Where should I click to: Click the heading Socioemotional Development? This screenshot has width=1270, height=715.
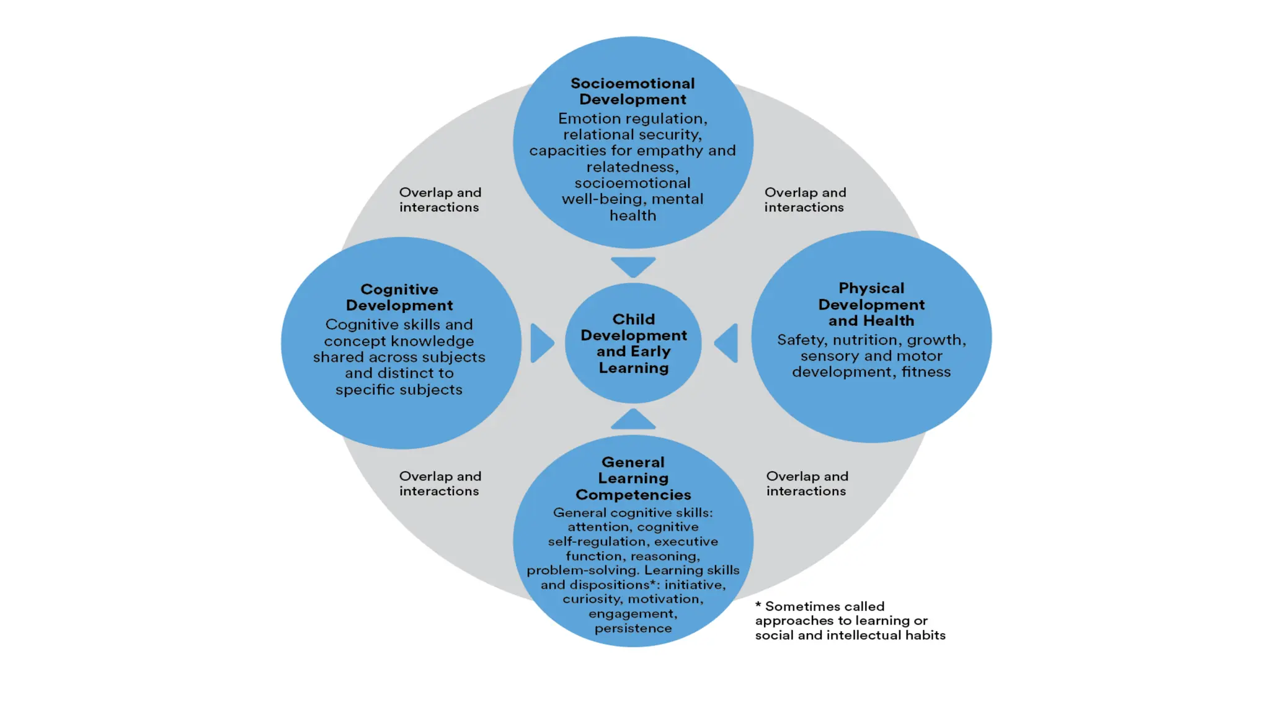click(633, 91)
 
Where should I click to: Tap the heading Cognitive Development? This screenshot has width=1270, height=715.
click(399, 297)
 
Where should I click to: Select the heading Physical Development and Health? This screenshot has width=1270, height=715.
click(871, 304)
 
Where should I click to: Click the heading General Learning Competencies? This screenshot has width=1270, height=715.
click(633, 478)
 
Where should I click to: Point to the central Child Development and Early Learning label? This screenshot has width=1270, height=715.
click(633, 343)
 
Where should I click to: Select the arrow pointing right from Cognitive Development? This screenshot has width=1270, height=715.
click(541, 343)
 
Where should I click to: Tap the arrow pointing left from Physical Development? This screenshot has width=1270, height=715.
click(727, 343)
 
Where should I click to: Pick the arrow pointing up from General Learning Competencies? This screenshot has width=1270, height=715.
click(633, 420)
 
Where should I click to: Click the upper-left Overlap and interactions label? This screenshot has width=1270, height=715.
click(440, 200)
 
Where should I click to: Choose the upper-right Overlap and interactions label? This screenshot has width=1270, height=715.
click(805, 200)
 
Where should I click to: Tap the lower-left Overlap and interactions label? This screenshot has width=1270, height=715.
click(440, 483)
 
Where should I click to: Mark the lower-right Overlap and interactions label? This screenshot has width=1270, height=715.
click(807, 483)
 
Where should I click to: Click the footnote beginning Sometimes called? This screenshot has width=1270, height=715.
click(850, 620)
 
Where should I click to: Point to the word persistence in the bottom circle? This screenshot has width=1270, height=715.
click(633, 628)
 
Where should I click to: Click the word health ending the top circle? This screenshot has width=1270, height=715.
click(633, 215)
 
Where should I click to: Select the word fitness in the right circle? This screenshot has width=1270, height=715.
click(926, 372)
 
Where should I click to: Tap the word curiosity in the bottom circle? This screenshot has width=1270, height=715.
click(592, 599)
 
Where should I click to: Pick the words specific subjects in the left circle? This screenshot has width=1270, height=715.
click(399, 390)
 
